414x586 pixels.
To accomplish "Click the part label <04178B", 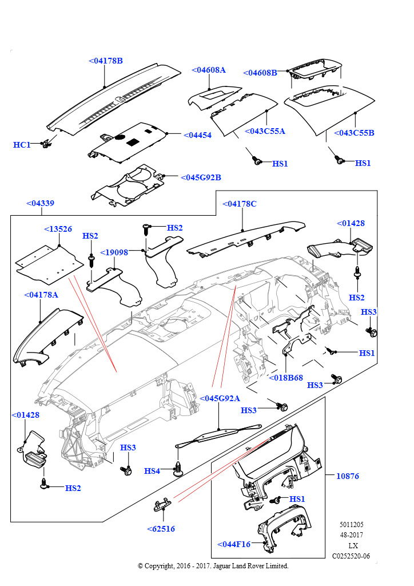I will coord(106,61).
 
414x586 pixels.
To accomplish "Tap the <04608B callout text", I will coord(260,73).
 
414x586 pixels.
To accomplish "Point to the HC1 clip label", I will coord(22,145).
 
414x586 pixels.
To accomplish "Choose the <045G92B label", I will coord(201,177).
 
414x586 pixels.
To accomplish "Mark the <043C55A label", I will coord(265,131).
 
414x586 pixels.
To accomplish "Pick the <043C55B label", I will coord(354,133).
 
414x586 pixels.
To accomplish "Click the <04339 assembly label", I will coord(40,203).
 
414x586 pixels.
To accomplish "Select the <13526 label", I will coord(58,229).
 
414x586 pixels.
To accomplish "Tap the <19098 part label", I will coord(114,252).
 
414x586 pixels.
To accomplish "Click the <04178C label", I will coord(239,204).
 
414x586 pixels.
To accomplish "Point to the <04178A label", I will coord(41,295).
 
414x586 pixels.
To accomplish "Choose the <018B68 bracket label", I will coord(286,377).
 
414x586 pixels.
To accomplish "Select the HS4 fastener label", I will coord(152,471).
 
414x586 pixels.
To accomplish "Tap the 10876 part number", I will coord(348,476).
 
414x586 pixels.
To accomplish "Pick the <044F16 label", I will coord(234,544).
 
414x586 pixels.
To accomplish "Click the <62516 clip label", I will coord(161,529).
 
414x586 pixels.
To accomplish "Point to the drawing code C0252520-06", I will coord(351,556).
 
